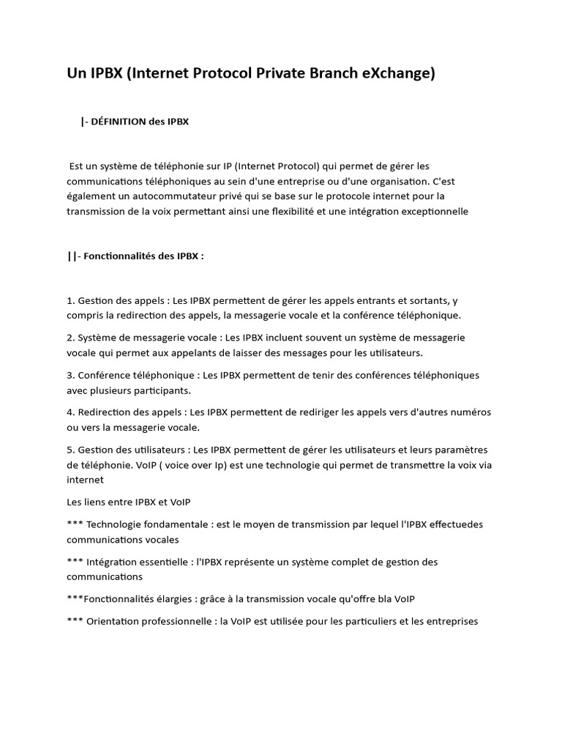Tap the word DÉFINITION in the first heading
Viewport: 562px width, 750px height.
click(x=117, y=122)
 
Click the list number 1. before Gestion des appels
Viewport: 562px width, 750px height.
click(x=71, y=300)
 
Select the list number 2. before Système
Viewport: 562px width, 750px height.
click(x=71, y=338)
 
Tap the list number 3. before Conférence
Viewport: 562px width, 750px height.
click(x=71, y=375)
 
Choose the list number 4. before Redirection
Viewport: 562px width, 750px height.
click(x=71, y=412)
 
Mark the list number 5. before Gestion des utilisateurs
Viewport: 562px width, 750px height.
click(x=71, y=450)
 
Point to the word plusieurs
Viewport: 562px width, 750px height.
click(x=113, y=390)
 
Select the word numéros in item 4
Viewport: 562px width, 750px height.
click(x=469, y=412)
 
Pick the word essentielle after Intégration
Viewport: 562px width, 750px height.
click(x=165, y=562)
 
